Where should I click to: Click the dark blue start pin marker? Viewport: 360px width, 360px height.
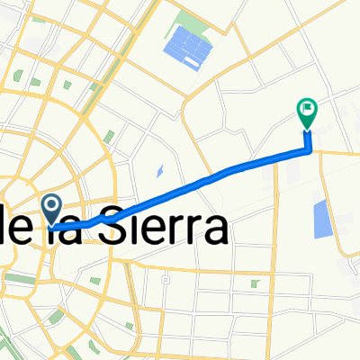click(52, 210)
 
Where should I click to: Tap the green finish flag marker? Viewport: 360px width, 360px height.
click(307, 112)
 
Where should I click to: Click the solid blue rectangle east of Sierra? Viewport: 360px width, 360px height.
click(321, 220)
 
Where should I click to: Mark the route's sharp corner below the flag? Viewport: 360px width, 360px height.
click(310, 149)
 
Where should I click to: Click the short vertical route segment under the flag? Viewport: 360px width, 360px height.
click(309, 140)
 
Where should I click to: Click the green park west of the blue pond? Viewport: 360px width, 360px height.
click(109, 137)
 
